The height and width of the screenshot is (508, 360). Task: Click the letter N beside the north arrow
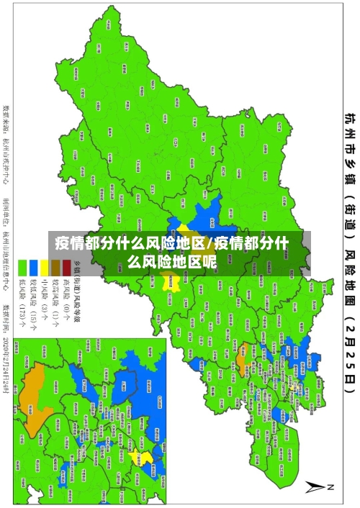pos(332,486)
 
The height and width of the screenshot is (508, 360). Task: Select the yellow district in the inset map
pos(146,458)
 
